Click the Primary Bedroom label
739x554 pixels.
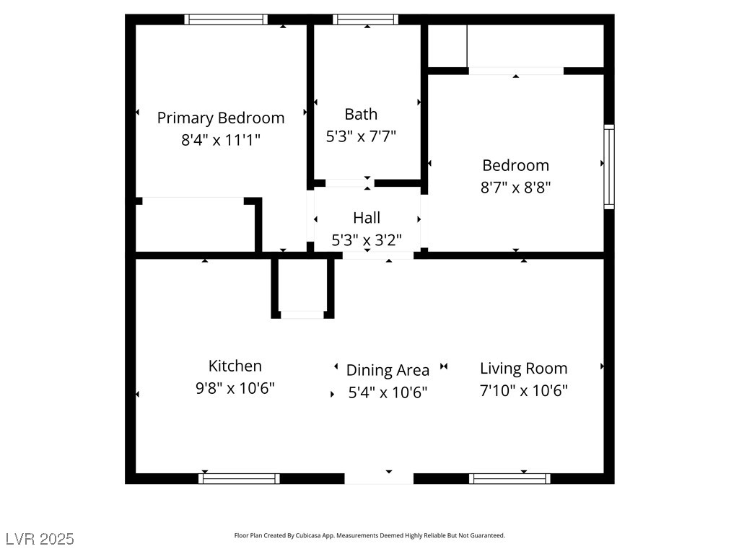pyautogui.click(x=221, y=118)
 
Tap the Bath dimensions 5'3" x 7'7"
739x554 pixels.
pyautogui.click(x=361, y=136)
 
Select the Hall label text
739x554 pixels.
pyautogui.click(x=367, y=217)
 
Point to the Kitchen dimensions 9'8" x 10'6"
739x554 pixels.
pyautogui.click(x=235, y=389)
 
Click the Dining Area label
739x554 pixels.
pyautogui.click(x=388, y=370)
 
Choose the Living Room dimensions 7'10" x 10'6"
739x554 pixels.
pyautogui.click(x=524, y=391)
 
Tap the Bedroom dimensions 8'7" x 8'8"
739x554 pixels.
pyautogui.click(x=515, y=188)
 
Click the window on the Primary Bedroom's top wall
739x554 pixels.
pyautogui.click(x=226, y=19)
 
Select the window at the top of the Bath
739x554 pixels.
pyautogui.click(x=366, y=19)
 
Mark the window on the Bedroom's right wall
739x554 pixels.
pyautogui.click(x=609, y=167)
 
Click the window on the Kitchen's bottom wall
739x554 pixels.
pyautogui.click(x=239, y=478)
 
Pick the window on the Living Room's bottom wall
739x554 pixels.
pyautogui.click(x=510, y=478)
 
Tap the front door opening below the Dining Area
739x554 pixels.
pyautogui.click(x=379, y=478)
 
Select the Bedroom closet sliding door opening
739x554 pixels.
pyautogui.click(x=516, y=71)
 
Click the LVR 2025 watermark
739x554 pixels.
pyautogui.click(x=40, y=539)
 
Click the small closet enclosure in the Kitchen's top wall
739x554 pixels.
pyautogui.click(x=302, y=289)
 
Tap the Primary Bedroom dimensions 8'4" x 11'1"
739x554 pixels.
pyautogui.click(x=221, y=140)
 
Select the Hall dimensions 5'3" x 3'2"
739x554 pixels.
pyautogui.click(x=367, y=240)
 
